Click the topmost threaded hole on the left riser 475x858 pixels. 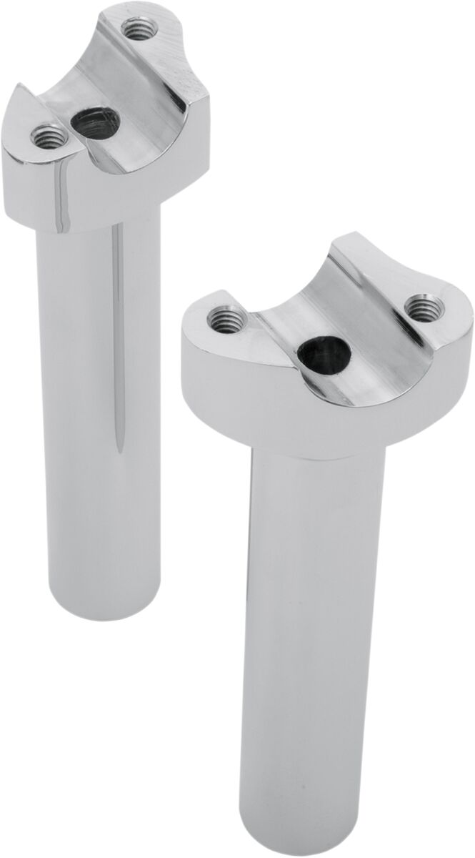(x=134, y=30)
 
